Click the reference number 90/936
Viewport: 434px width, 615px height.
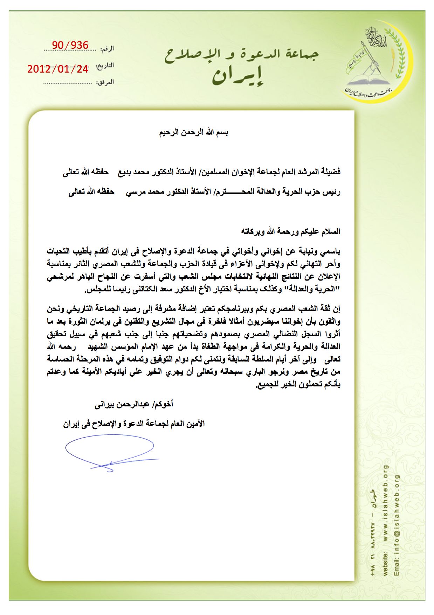70,45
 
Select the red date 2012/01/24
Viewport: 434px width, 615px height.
58,69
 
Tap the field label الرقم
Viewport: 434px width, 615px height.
107,49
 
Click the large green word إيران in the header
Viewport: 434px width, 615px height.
238,76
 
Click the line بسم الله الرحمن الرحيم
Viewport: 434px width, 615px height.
194,133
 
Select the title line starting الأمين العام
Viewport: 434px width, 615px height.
134,424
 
